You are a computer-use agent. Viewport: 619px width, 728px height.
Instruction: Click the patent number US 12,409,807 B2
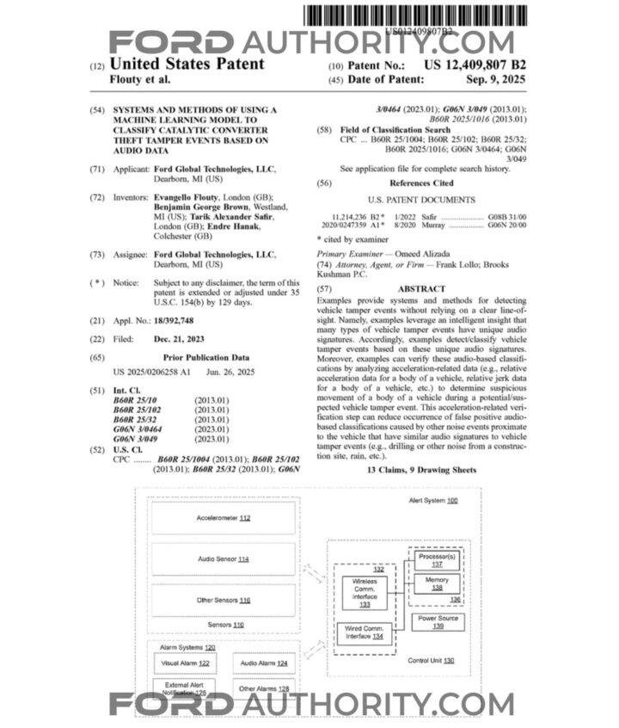[475, 65]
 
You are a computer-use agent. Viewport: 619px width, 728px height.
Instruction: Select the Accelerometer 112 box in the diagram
[223, 518]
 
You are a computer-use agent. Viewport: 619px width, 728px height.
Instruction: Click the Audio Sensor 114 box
[223, 559]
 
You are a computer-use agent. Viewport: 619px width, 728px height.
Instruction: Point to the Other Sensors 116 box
[223, 600]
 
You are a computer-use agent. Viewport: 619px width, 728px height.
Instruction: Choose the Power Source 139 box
[437, 622]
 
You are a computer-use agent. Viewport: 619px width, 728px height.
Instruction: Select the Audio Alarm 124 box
[265, 663]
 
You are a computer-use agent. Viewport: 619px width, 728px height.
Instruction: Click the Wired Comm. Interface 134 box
[365, 635]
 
